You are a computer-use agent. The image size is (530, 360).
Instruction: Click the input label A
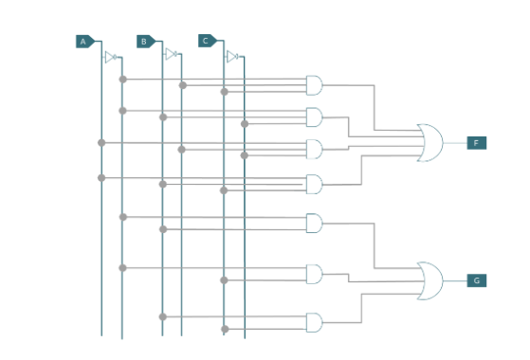click(83, 42)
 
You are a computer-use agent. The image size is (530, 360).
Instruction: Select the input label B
click(144, 42)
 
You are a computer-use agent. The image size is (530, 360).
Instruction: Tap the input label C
click(206, 41)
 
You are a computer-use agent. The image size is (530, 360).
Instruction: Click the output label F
click(476, 143)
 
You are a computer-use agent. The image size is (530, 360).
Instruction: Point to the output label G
click(476, 280)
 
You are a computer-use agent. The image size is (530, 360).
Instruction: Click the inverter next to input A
click(110, 57)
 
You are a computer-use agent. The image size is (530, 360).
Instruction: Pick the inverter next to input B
click(171, 54)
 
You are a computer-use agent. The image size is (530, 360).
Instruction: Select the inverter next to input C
click(231, 57)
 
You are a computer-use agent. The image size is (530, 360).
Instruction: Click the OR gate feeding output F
click(429, 142)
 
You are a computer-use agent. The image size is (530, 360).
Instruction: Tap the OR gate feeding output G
click(429, 280)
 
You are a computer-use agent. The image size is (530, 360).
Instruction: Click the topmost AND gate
click(314, 85)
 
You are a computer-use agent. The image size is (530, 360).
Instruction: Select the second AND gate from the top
click(314, 117)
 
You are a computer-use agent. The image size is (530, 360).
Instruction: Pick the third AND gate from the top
click(314, 150)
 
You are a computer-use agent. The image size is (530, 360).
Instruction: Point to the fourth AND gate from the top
click(314, 184)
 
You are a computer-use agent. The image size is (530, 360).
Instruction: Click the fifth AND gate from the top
click(314, 224)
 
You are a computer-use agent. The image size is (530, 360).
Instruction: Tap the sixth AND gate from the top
click(314, 275)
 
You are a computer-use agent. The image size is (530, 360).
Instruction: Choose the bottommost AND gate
click(314, 323)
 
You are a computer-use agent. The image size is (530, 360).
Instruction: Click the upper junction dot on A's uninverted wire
click(101, 143)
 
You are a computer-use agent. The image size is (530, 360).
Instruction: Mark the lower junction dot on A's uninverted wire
click(101, 177)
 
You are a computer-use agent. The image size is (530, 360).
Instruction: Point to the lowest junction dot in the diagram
click(225, 330)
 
